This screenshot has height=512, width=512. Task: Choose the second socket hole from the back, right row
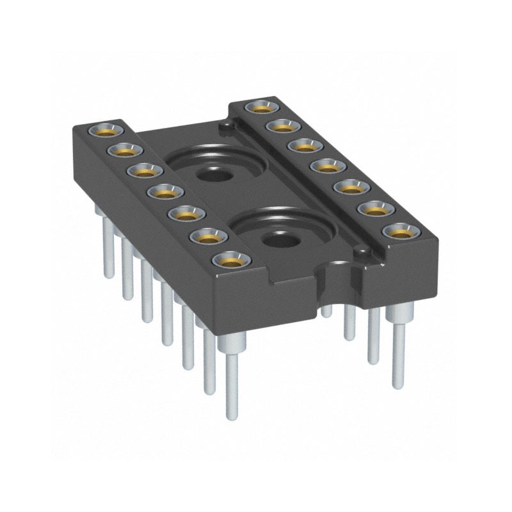[x=280, y=125]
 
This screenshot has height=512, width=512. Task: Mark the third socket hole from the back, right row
[x=301, y=145]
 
